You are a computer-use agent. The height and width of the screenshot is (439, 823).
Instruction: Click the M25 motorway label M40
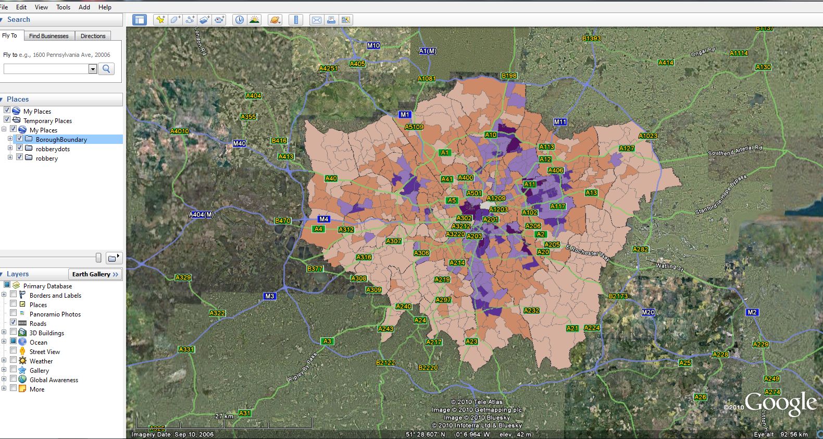(x=239, y=143)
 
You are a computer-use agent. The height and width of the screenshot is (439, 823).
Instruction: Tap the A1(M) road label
(x=428, y=51)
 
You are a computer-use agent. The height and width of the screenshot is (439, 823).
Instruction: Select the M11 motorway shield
(x=560, y=122)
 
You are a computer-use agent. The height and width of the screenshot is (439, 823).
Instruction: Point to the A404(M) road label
(x=201, y=215)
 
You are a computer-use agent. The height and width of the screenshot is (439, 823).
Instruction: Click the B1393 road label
(x=591, y=39)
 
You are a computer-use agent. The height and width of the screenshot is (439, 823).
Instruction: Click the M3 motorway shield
(x=269, y=296)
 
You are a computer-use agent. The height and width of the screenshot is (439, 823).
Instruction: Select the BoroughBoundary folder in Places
(x=61, y=140)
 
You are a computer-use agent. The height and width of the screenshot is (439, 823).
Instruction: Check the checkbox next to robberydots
(x=19, y=148)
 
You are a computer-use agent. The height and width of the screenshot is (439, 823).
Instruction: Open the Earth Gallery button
(x=95, y=274)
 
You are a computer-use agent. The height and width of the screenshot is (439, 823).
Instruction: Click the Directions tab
(x=93, y=36)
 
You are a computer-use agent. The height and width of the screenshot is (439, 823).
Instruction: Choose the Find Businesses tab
(x=48, y=36)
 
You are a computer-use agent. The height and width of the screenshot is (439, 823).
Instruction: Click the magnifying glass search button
(x=106, y=69)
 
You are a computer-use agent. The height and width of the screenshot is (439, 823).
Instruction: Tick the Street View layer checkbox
(x=14, y=351)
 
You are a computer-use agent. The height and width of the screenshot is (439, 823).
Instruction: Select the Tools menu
(x=63, y=7)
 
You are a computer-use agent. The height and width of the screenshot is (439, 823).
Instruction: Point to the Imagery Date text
(x=172, y=434)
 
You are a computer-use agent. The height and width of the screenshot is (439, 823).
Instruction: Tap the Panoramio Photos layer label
(x=55, y=314)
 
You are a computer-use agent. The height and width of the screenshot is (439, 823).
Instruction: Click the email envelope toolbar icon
(x=316, y=20)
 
